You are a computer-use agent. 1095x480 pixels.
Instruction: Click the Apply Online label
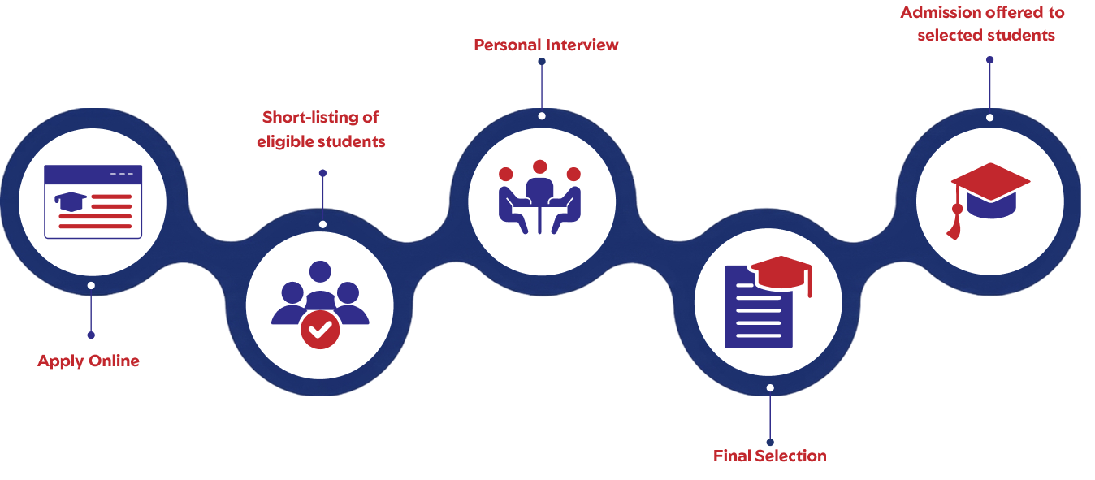[89, 361]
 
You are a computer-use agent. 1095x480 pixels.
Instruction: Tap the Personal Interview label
[546, 45]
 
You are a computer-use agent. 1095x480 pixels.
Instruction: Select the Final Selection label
[769, 456]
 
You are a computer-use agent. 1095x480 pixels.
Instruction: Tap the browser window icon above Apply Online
[93, 201]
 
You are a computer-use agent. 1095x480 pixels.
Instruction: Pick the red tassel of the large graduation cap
[955, 223]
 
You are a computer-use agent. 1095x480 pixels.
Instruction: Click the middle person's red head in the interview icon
[539, 167]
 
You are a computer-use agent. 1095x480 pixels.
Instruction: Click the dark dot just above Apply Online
[91, 335]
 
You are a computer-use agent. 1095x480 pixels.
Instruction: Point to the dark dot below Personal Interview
[542, 61]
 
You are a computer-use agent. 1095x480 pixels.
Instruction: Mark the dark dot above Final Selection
[770, 420]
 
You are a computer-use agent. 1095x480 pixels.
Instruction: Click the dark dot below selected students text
[989, 59]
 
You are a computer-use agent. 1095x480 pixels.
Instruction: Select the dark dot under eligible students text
[322, 173]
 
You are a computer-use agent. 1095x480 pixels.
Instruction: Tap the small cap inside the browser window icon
[71, 199]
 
